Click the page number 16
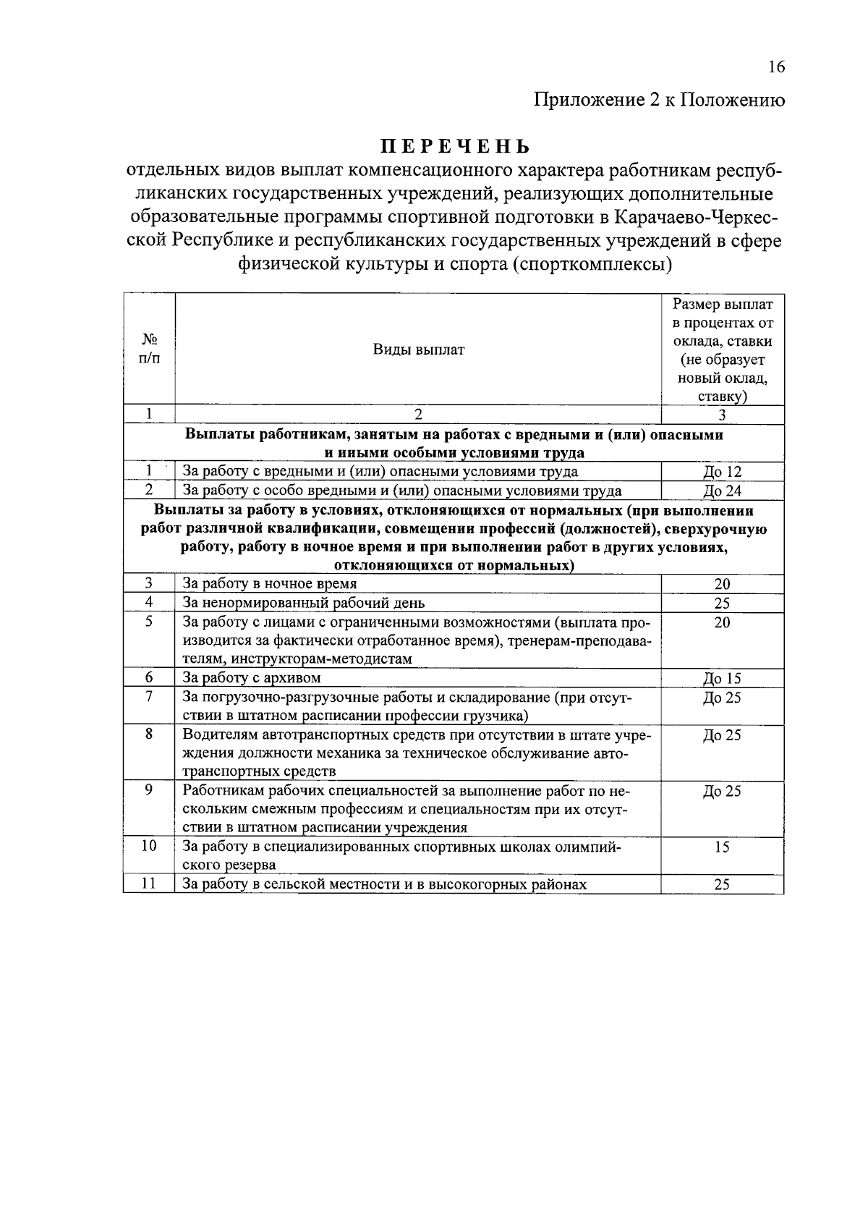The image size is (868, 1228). coord(776,67)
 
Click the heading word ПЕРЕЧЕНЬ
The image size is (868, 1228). coord(456,146)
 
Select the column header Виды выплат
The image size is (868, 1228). coord(418,350)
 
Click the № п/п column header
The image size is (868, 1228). coord(149,349)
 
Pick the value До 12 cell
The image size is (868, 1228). coord(722,472)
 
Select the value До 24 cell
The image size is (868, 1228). coord(722,491)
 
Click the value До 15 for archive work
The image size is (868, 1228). coord(722,678)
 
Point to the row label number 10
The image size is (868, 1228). coord(149,846)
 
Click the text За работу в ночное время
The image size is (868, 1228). coord(270,583)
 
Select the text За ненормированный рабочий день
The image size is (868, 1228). coord(304,602)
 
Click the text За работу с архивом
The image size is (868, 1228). coord(252,678)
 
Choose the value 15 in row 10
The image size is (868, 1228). coord(722,847)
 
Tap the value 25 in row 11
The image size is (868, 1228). coord(722,884)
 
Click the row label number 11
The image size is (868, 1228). coord(149,884)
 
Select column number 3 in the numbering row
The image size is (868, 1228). coord(722,415)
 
